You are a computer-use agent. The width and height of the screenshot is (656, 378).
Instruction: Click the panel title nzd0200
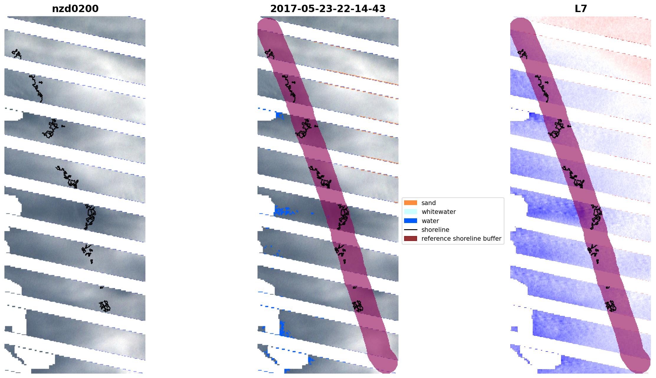[75, 9]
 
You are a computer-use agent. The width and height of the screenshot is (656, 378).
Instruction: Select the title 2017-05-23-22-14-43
[328, 9]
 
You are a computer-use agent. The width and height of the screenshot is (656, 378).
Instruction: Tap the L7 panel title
[581, 9]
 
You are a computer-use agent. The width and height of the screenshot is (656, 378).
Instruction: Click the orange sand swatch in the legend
[410, 203]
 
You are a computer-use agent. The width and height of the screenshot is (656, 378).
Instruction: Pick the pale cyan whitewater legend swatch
[410, 212]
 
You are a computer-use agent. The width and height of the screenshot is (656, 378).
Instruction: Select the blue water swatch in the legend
[410, 221]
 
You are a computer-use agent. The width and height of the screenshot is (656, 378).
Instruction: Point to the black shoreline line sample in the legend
[410, 230]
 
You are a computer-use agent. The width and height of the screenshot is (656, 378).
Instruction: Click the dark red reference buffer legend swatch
[410, 238]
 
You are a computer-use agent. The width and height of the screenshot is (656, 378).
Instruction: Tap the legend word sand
[429, 203]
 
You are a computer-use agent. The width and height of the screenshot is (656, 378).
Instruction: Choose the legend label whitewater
[439, 212]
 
